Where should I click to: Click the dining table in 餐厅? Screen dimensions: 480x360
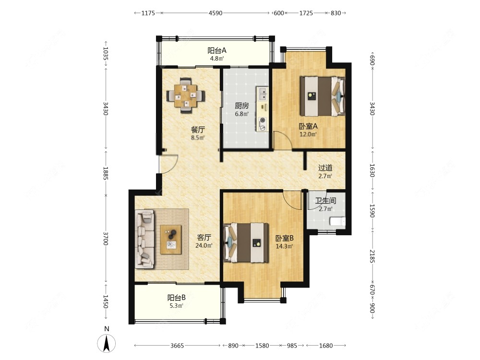point(186,96)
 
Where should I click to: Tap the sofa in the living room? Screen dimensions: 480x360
point(144,239)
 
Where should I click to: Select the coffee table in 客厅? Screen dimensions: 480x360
point(171,240)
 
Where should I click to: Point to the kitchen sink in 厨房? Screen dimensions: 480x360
point(262,94)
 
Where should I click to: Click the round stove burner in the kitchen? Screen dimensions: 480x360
point(263,120)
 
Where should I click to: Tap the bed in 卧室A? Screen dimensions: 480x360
point(323,96)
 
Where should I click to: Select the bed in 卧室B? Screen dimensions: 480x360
point(246,243)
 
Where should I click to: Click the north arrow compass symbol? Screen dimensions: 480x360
point(106,343)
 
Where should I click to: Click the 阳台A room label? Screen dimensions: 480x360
point(217,50)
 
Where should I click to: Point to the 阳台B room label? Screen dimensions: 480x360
point(176,298)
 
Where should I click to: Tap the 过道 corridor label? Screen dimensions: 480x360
point(325,168)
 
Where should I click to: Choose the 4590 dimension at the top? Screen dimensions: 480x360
point(216,13)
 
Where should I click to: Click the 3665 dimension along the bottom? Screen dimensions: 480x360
point(177,346)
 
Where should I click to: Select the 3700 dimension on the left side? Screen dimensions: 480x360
point(106,238)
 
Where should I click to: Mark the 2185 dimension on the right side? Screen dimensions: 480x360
point(372,256)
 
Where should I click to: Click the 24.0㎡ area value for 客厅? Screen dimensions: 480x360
point(204,245)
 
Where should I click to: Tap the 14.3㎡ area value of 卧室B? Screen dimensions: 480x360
point(284,246)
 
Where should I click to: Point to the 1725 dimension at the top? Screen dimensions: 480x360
point(306,13)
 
